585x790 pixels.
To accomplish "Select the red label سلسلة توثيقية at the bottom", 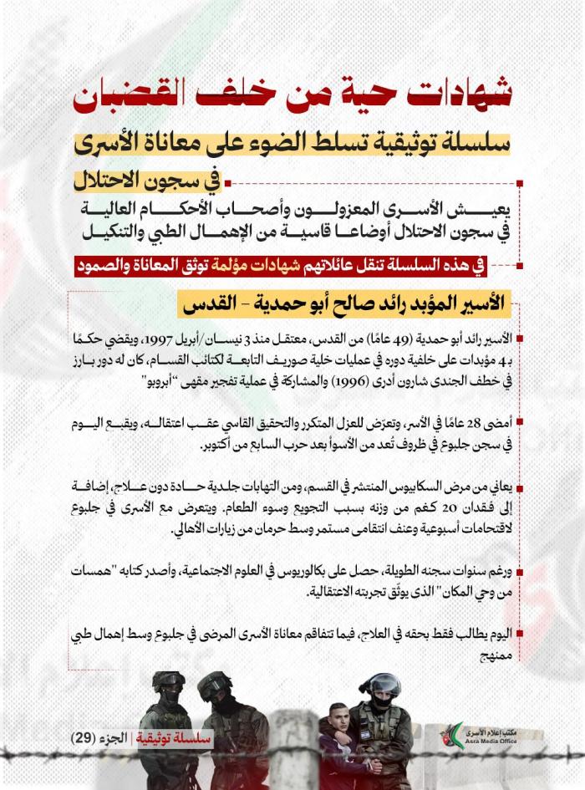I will click(x=179, y=738).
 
